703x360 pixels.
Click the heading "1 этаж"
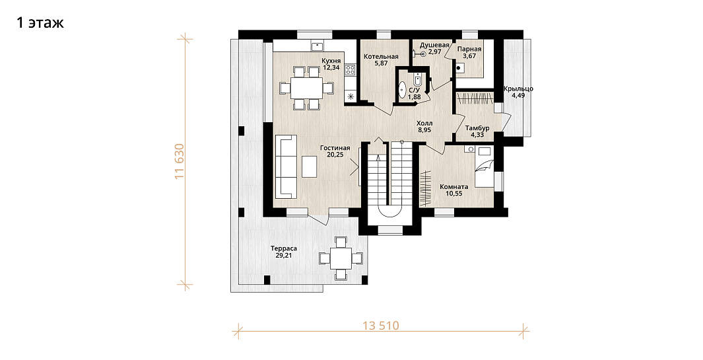(x=40, y=23)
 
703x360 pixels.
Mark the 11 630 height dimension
(x=180, y=162)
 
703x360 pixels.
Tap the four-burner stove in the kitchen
(x=350, y=69)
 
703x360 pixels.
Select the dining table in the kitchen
(x=307, y=88)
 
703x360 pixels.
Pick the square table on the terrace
(x=341, y=258)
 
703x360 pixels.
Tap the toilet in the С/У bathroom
(x=417, y=80)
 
